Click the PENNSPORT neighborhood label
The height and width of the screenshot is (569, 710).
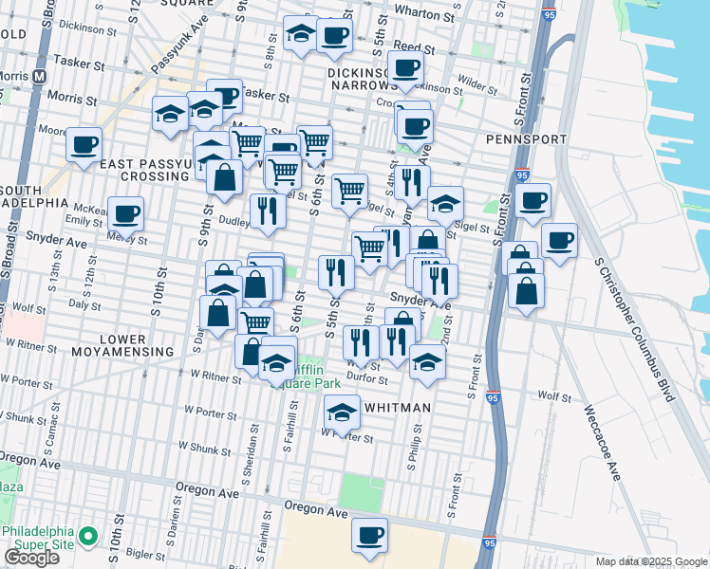(x=526, y=139)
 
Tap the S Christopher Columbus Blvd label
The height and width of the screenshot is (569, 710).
(x=637, y=328)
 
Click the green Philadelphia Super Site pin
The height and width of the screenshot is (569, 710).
(x=88, y=537)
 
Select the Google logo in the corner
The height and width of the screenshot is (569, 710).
(x=31, y=558)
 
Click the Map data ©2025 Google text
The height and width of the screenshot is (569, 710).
(x=650, y=561)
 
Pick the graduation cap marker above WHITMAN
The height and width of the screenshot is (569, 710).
(x=342, y=412)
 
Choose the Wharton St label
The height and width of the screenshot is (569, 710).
(x=419, y=14)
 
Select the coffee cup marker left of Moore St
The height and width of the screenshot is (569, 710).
(x=84, y=145)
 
